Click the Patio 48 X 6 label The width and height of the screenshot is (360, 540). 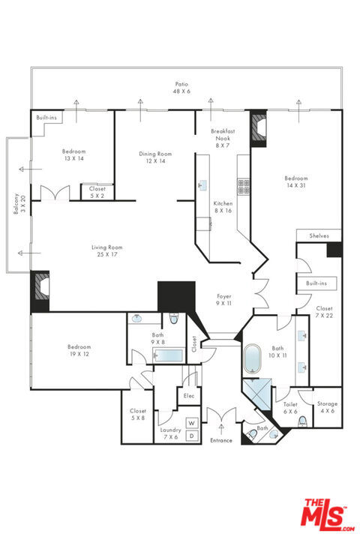pos(181,88)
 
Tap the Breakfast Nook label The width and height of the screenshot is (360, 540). pos(223,135)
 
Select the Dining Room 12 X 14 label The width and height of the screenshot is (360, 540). pos(155,157)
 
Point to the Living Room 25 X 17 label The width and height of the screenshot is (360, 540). pos(107,250)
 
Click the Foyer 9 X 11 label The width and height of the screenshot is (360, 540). pos(224,299)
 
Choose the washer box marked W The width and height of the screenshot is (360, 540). pos(192,423)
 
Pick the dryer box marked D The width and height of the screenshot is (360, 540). pos(192,436)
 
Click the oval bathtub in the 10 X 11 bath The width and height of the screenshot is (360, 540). pos(253,358)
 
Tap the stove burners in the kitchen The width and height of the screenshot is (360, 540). pos(244,186)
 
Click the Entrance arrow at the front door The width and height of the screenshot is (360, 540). pos(221,430)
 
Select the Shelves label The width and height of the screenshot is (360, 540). pos(319,236)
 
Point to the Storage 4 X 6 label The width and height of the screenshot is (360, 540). pos(327,407)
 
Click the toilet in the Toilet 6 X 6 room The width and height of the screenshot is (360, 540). pos(302,421)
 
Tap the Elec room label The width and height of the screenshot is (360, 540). pos(189,396)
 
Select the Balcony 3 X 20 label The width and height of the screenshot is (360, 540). pos(19,203)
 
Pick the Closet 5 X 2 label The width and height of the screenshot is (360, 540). pos(97,192)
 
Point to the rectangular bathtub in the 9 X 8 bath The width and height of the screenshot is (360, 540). pos(168,355)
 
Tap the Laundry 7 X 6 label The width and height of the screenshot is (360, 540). pos(170,433)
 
